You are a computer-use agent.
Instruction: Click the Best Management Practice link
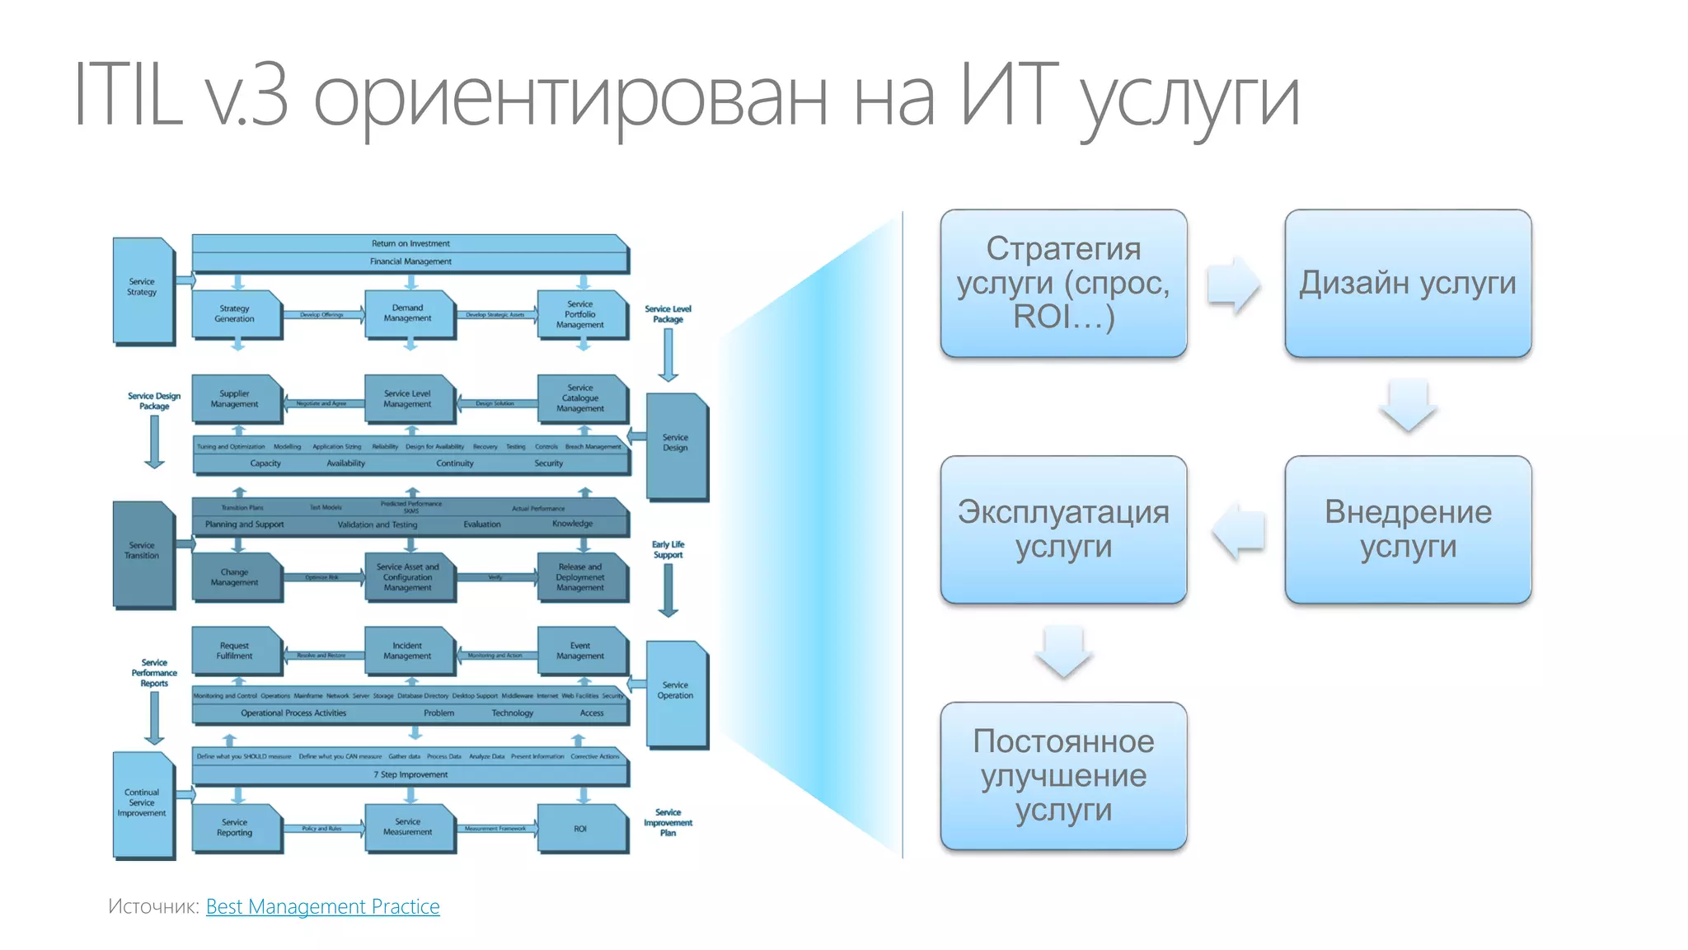coord(322,906)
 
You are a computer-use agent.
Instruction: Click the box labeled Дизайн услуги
coord(1407,283)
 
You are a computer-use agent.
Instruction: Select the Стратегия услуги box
coord(1063,283)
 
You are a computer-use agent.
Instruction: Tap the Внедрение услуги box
coord(1407,529)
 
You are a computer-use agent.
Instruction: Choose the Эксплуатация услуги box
coord(1063,529)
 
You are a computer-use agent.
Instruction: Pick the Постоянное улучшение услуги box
coord(1063,776)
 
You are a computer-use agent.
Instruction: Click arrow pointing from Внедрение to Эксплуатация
coord(1239,531)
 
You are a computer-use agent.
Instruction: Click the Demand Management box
coord(408,313)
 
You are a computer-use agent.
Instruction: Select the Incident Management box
coord(408,651)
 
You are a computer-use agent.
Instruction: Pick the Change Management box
coord(235,577)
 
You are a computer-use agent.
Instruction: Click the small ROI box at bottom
coord(580,829)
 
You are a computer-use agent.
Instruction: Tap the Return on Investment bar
coord(410,243)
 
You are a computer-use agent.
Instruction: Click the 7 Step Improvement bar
coord(410,774)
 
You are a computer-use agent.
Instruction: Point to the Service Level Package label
coord(668,314)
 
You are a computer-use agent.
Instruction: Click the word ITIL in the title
coord(128,95)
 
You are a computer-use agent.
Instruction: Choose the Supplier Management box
coord(235,399)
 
